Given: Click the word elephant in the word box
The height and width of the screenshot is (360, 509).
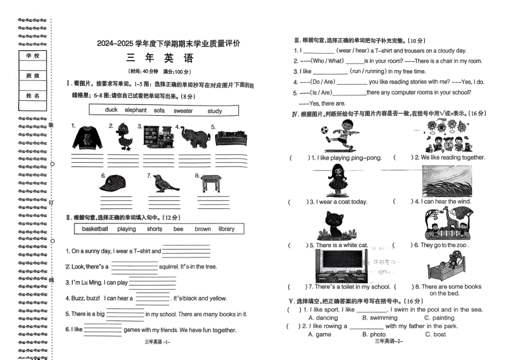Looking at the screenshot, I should [136, 110].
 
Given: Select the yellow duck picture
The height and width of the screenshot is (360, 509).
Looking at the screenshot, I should [124, 137].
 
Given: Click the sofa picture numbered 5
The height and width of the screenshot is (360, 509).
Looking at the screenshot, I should [231, 139].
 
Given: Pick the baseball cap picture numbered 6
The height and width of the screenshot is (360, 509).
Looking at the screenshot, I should [116, 184].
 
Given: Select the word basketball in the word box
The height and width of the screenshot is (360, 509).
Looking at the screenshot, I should [95, 229].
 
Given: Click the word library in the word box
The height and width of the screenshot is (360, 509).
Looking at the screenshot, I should [226, 229].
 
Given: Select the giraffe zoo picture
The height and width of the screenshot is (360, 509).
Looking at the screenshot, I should [447, 224].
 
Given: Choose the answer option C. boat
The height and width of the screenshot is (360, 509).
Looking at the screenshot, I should [435, 334].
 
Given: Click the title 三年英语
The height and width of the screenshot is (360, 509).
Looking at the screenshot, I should [160, 59].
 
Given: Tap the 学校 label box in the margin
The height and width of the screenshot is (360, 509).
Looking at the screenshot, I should [33, 56].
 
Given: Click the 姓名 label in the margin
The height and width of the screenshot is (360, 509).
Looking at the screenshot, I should [33, 95].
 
